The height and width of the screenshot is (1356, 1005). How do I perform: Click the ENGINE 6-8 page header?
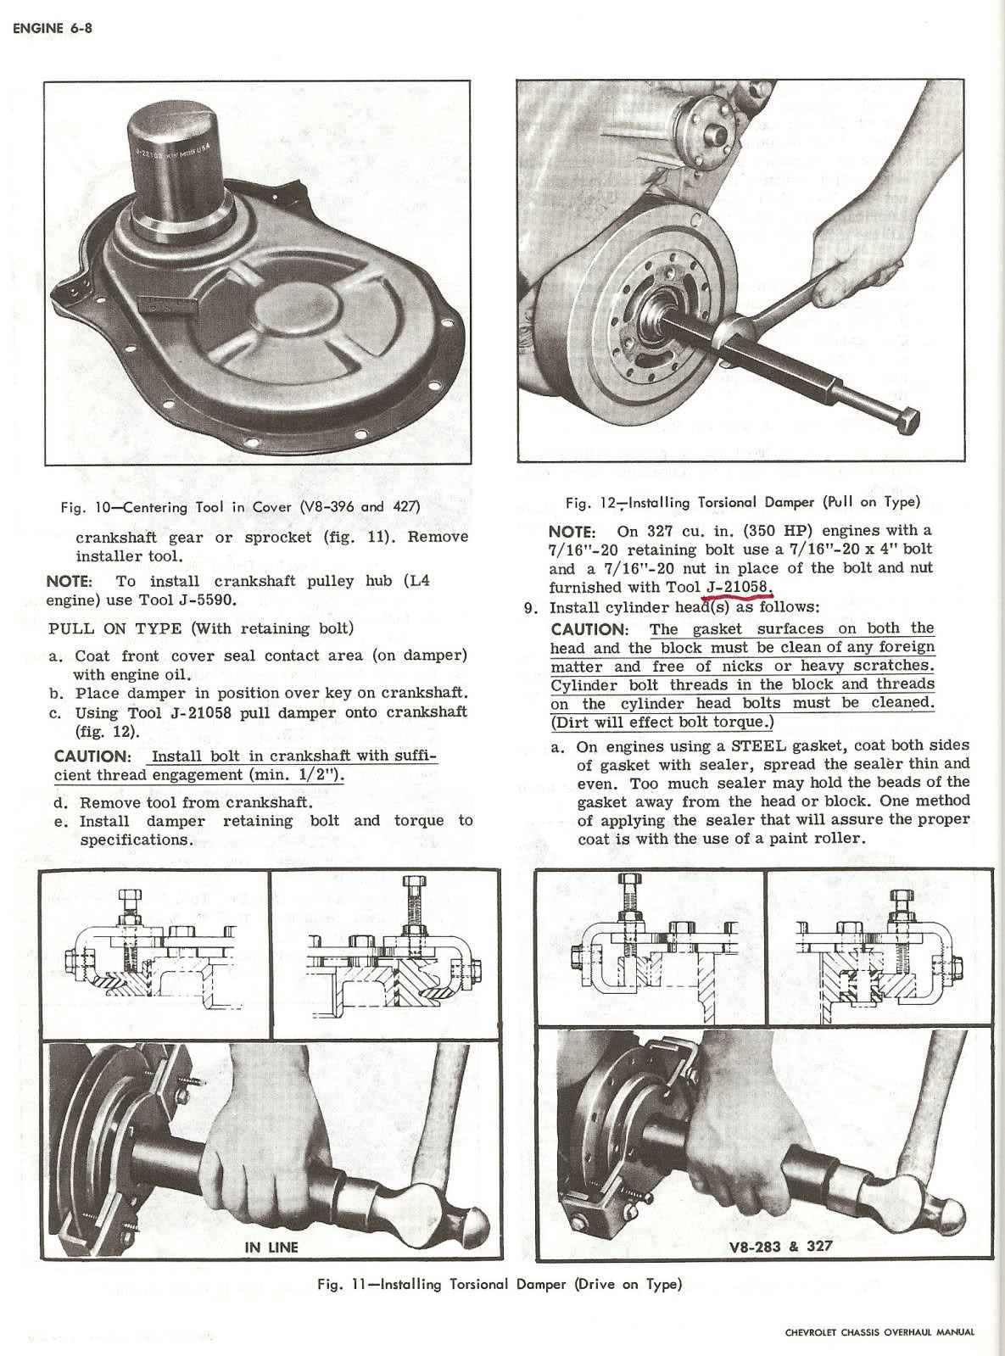[x=52, y=29]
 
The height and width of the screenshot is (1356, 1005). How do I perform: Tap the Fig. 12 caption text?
[x=742, y=503]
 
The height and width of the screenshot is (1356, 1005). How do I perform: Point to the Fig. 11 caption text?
[x=499, y=1284]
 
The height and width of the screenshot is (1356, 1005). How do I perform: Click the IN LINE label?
[x=271, y=1247]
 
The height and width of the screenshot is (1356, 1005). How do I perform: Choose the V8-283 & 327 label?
[x=779, y=1246]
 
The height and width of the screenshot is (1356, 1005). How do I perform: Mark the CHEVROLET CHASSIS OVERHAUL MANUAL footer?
[x=879, y=1331]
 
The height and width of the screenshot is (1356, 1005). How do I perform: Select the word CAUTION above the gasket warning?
[x=587, y=630]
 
